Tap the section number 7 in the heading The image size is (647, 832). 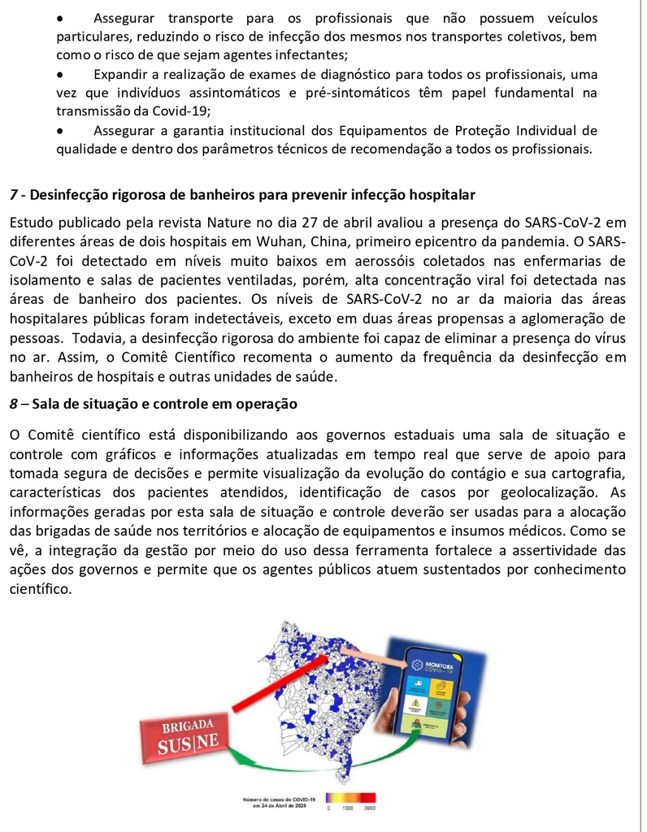[14, 195]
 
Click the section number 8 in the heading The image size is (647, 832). [14, 404]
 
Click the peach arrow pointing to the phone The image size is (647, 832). [370, 656]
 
